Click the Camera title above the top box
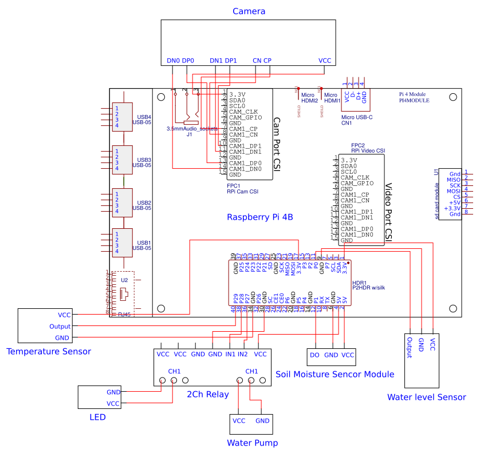tap(249, 11)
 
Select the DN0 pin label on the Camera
tap(173, 60)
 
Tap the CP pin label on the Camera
tap(267, 60)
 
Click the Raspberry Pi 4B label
tap(260, 217)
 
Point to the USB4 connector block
tap(122, 116)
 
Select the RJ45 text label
tap(123, 314)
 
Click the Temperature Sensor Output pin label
tap(60, 327)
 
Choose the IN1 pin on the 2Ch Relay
tap(230, 354)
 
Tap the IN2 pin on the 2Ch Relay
tap(243, 354)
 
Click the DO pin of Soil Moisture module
tap(314, 355)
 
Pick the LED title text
tap(97, 417)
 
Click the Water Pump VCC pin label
tap(239, 420)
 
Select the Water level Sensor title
tap(426, 397)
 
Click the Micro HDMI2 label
tap(309, 98)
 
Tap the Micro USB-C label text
tap(357, 117)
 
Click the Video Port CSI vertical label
tap(388, 212)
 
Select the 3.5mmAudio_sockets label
tap(192, 129)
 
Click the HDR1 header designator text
tap(360, 283)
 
